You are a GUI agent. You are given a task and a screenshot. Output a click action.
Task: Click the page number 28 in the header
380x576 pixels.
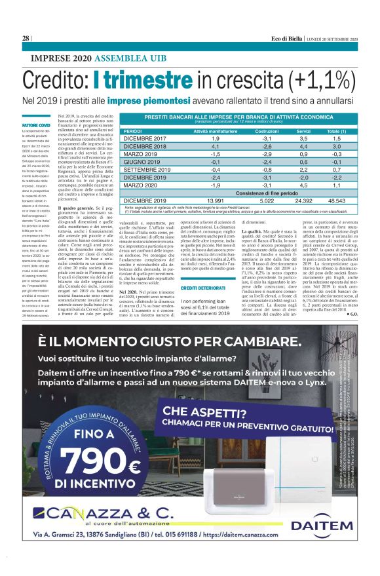pyautogui.click(x=26, y=39)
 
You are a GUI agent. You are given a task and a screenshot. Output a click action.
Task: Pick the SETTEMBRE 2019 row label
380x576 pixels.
pyautogui.click(x=148, y=168)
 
